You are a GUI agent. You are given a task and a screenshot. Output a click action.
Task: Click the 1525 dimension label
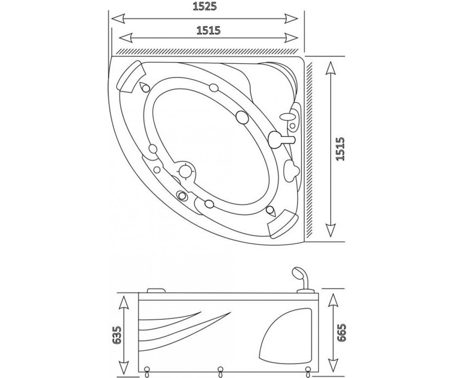205,7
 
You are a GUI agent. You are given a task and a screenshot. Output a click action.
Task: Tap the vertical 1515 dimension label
340,149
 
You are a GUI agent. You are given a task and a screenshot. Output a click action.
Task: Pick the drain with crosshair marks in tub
186,171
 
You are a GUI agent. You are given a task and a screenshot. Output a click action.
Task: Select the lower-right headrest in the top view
282,224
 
